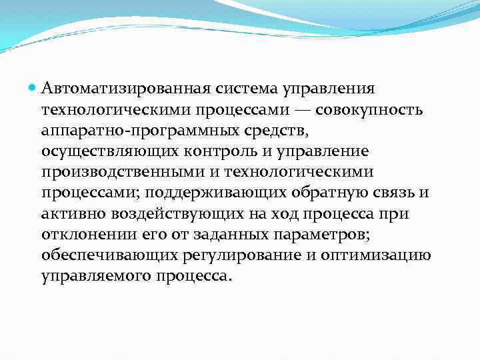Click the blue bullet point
click(33, 88)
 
